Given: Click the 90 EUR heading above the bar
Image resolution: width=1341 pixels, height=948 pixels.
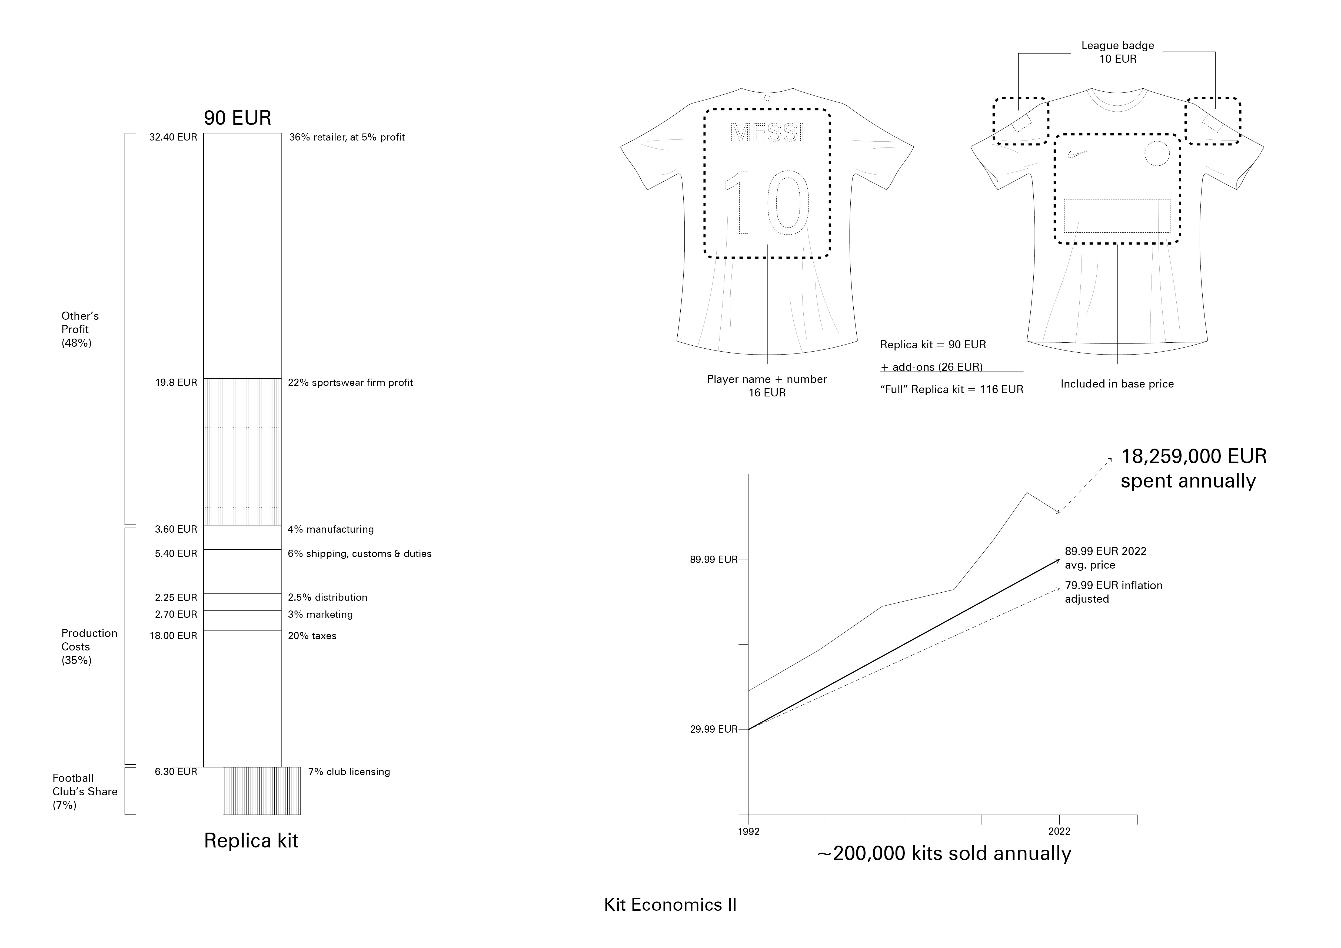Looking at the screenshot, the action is (x=237, y=118).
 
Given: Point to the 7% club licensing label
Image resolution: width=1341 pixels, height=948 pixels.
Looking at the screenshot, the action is (x=349, y=772).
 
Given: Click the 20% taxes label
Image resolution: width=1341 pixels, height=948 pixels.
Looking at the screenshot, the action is (x=312, y=636).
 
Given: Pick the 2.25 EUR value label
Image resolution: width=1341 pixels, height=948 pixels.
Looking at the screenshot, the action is (x=176, y=598).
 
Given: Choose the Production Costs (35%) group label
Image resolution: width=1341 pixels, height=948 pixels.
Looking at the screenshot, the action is (x=89, y=647).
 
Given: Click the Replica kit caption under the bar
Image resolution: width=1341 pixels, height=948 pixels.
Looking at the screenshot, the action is (x=251, y=841).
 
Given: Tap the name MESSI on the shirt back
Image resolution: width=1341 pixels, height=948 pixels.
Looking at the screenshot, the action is (x=767, y=133).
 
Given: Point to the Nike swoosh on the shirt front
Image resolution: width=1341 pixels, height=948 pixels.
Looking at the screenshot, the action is (x=1076, y=154).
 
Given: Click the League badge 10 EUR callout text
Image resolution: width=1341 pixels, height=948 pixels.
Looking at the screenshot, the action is (x=1117, y=52).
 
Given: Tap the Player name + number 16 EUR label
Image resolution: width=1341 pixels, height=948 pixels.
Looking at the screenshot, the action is (x=767, y=386).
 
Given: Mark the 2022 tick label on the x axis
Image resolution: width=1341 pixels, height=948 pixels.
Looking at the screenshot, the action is (x=1059, y=831).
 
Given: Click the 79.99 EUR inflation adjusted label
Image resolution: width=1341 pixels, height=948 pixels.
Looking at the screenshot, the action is (x=1113, y=592).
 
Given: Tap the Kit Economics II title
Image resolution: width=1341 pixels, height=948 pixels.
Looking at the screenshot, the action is (x=670, y=905).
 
